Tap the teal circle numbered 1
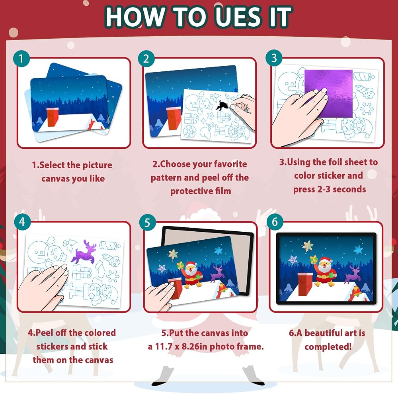click(x=21, y=59)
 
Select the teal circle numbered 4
click(x=22, y=222)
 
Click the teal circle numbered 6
click(x=275, y=222)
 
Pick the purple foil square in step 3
click(x=328, y=93)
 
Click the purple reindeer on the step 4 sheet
click(x=84, y=252)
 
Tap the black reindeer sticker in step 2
click(x=221, y=105)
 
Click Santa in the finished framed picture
click(x=323, y=272)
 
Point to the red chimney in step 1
click(x=53, y=117)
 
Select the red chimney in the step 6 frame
click(x=305, y=284)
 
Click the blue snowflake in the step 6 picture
click(x=358, y=250)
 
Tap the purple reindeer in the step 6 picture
click(x=353, y=274)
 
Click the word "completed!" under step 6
click(x=328, y=347)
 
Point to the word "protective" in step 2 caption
click(x=193, y=191)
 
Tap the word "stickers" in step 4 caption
click(x=51, y=347)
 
